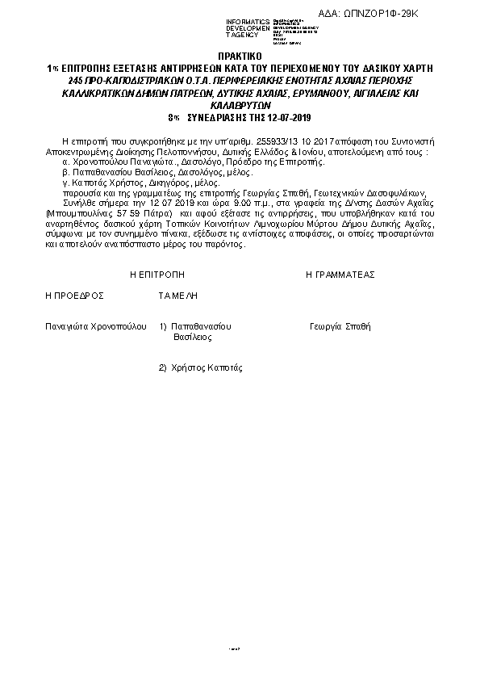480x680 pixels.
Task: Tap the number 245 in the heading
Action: [x=77, y=82]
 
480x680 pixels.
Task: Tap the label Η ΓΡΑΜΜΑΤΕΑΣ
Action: [x=340, y=275]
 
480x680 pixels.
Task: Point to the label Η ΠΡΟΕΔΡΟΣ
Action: [x=75, y=296]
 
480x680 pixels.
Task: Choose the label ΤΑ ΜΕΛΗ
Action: [x=178, y=296]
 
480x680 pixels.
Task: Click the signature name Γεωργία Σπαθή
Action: [x=340, y=327]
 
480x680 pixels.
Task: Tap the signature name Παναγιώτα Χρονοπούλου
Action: [x=96, y=327]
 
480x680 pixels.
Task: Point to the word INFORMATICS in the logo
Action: [x=248, y=21]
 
